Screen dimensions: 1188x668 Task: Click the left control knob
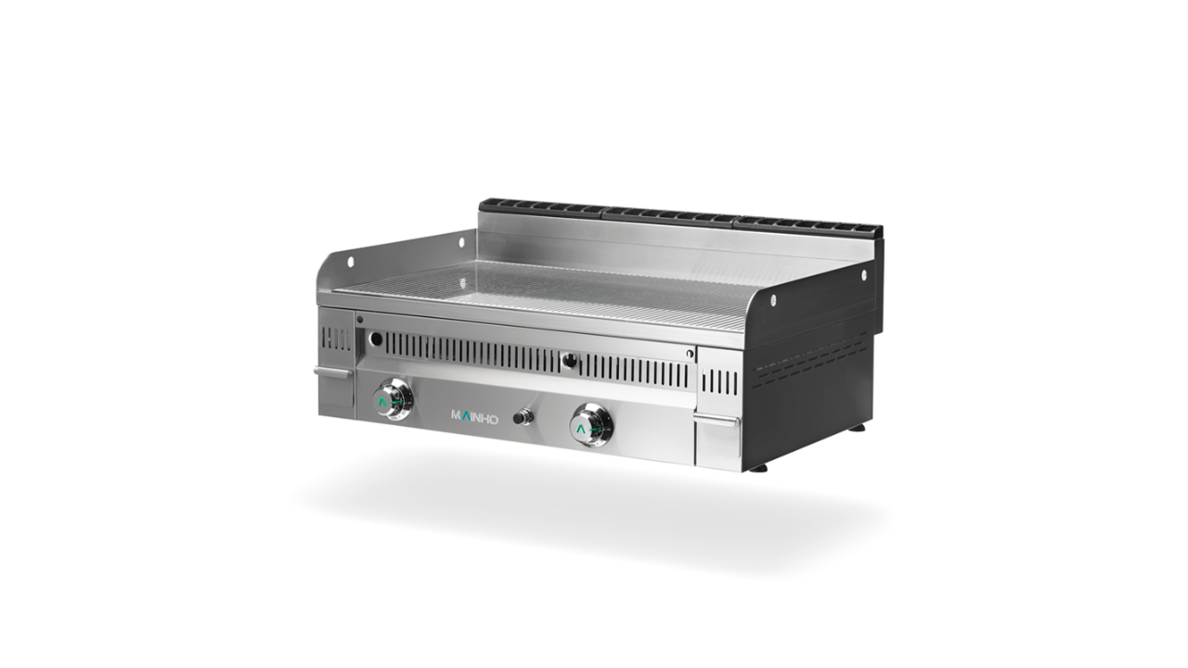coord(393,400)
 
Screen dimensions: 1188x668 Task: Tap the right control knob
coord(591,424)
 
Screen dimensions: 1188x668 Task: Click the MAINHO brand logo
coord(474,417)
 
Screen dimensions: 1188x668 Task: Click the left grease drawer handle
coord(333,372)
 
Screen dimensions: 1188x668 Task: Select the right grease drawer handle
coord(717,421)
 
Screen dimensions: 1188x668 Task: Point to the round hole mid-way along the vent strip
coord(570,361)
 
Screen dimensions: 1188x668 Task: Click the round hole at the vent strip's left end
coord(376,339)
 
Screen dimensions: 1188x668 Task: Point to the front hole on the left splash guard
coord(350,262)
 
